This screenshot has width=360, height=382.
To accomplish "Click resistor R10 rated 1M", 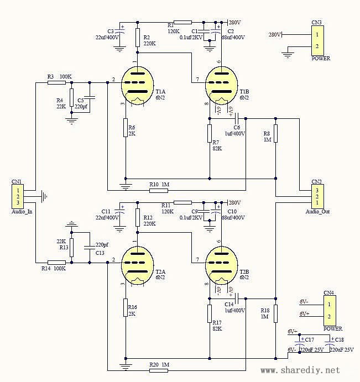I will (x=158, y=190).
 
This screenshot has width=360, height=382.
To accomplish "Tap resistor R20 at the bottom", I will (x=158, y=370).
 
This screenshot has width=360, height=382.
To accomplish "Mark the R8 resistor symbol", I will (x=275, y=133).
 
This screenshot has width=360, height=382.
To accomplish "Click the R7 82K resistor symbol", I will (x=210, y=133).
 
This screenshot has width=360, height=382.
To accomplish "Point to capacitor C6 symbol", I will (x=237, y=118).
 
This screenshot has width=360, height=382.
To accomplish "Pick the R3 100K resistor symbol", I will (x=56, y=83).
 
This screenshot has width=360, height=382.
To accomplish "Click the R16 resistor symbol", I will (x=126, y=307).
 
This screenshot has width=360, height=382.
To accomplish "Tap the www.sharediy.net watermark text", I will (x=307, y=370).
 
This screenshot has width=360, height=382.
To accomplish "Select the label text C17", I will (x=310, y=339).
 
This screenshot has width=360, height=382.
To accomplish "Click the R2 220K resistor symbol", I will (x=138, y=36).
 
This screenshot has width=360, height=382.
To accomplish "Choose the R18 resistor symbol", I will (x=275, y=312).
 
